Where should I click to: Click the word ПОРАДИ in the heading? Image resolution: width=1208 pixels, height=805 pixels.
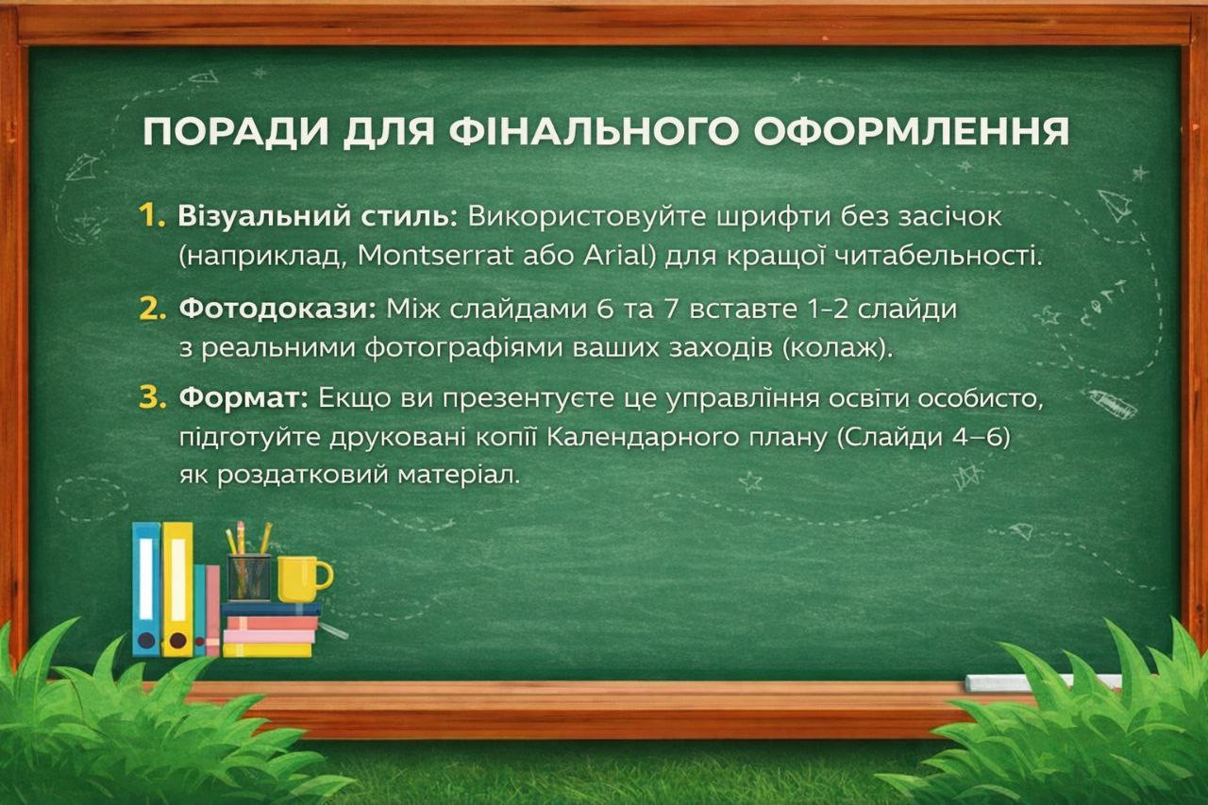coord(236,131)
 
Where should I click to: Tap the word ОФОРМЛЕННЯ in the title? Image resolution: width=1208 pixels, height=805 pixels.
coord(912,131)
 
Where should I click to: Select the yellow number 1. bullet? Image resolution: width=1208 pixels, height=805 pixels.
coord(152,216)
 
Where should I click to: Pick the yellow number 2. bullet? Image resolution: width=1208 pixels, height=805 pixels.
coord(153,309)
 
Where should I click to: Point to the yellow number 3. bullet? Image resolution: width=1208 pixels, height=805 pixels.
coord(153,398)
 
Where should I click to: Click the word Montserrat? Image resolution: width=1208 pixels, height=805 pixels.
coord(435,255)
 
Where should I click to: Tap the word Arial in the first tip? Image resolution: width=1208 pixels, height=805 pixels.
coord(616,255)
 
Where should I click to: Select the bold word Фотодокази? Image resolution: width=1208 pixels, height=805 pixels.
coord(277,309)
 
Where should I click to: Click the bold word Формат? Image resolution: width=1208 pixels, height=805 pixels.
coord(243,398)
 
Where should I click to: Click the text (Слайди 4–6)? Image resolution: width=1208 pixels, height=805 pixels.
coord(923,437)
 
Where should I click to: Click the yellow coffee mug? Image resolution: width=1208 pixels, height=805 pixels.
coord(305,579)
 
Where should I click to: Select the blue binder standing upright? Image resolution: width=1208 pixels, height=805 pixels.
coord(146,589)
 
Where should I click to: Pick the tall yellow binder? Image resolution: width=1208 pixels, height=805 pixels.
coord(177,589)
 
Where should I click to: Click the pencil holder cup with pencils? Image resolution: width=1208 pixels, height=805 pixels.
coord(248,577)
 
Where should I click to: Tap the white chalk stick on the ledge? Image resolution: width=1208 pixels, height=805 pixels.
coord(1044,682)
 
